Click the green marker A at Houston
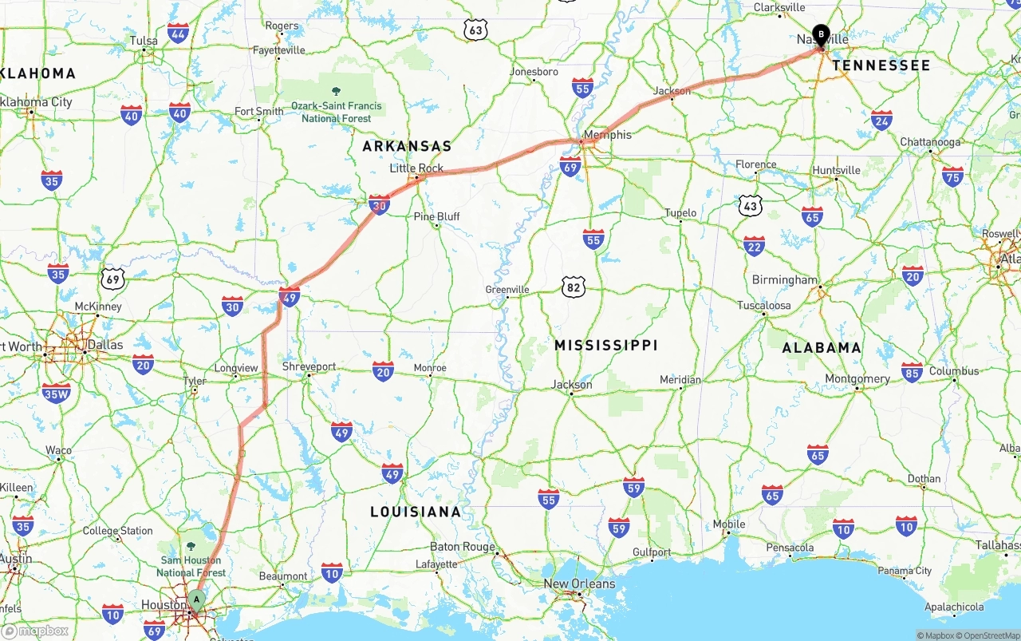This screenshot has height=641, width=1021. point(196,600)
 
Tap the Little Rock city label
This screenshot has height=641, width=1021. point(416,168)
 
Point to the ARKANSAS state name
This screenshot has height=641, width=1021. point(407,146)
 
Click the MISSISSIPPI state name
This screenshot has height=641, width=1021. point(606,345)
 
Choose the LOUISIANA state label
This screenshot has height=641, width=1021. point(415,512)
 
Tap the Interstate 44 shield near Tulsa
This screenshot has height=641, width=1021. point(179,34)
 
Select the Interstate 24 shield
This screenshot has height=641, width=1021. point(881,121)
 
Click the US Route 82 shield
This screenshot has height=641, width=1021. point(573,287)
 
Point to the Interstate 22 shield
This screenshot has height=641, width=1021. point(754,246)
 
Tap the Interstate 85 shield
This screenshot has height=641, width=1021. point(912,372)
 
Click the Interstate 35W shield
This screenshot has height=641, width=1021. point(57,393)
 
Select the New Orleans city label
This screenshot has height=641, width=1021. point(579,584)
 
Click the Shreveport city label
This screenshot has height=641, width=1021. point(309,367)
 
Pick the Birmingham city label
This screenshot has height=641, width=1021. point(785,280)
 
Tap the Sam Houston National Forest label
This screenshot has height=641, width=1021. point(191,566)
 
